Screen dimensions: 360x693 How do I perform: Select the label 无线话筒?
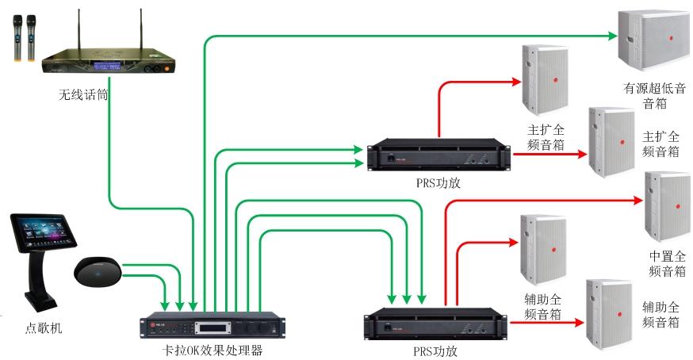(82, 94)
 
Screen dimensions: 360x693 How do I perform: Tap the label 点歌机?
(43, 327)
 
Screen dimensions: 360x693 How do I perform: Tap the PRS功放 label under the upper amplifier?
(438, 182)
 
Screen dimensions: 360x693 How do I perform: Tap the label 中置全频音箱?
(667, 264)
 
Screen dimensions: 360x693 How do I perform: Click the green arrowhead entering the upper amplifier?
(360, 148)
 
